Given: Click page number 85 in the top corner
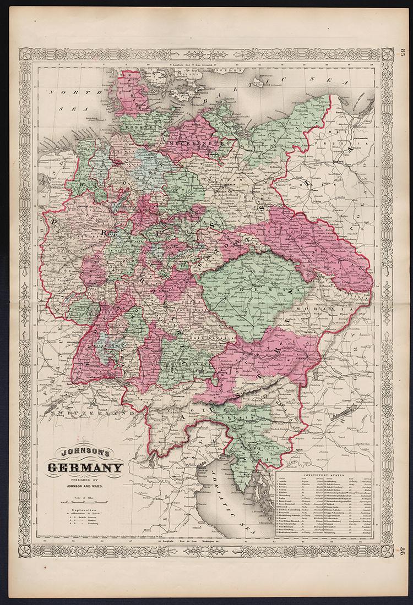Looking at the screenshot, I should point(400,55).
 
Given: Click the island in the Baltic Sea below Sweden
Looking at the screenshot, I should point(263,84).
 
